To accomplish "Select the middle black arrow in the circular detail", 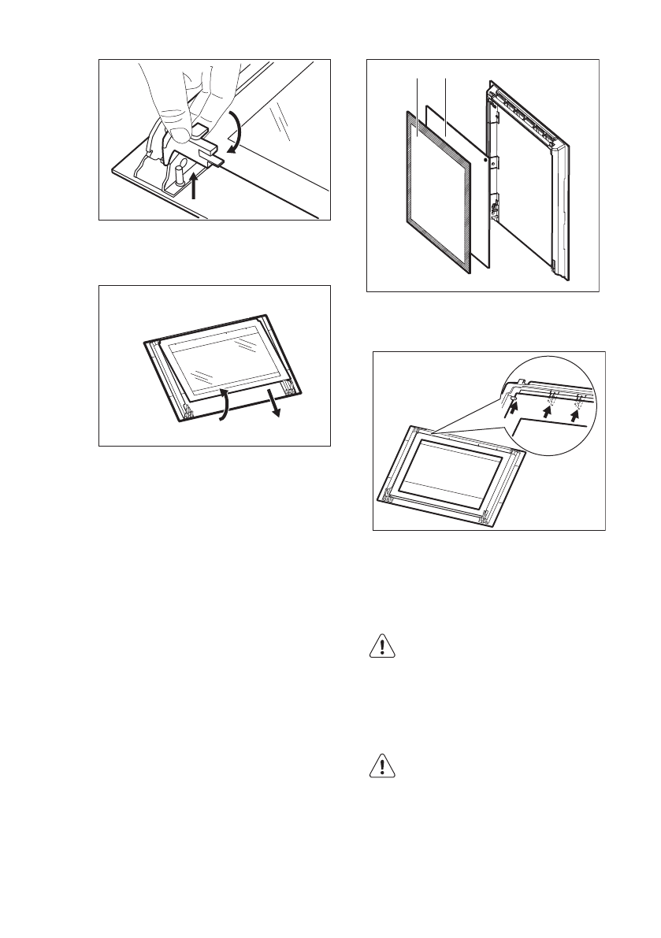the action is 550,410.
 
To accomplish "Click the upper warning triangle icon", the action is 381,647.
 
